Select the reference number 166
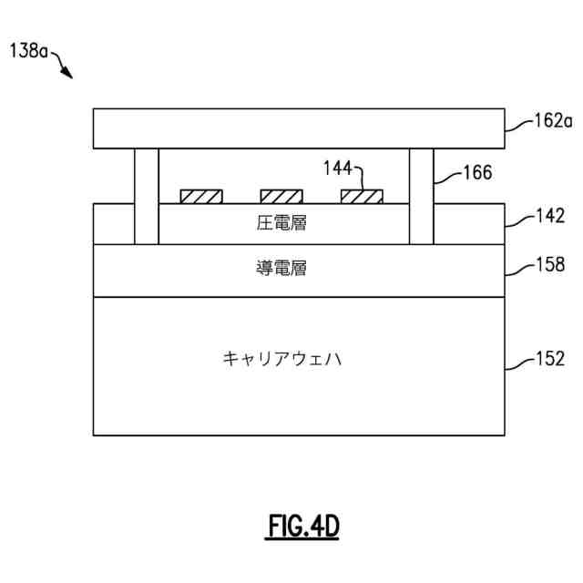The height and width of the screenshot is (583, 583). (476, 172)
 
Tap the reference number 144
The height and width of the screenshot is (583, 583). (339, 169)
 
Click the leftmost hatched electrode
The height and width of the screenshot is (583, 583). (201, 196)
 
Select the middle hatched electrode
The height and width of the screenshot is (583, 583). (281, 196)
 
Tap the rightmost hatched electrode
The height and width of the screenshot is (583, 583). (362, 196)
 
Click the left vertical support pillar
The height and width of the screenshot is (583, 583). (147, 196)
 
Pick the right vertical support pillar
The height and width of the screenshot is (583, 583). (421, 196)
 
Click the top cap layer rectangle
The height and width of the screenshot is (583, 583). (299, 128)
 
